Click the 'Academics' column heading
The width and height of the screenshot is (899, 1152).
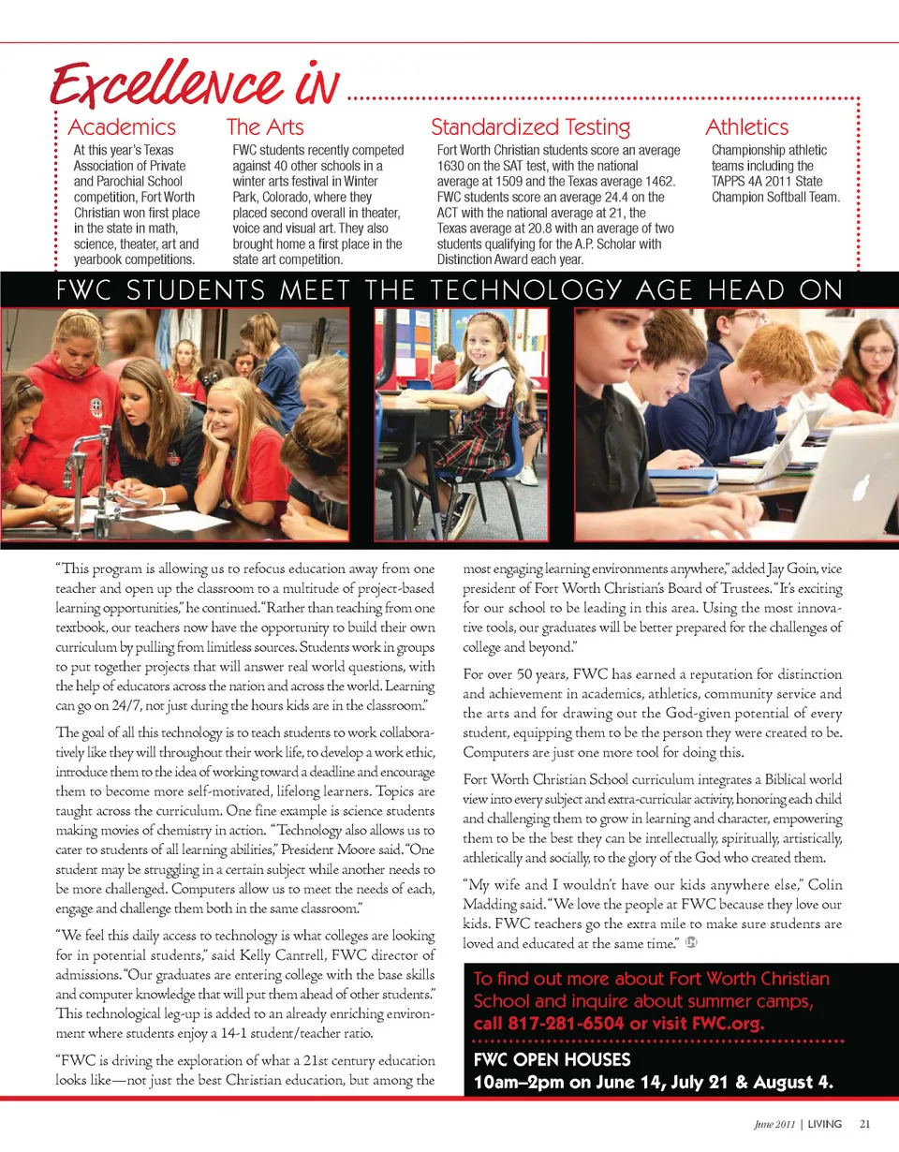point(122,127)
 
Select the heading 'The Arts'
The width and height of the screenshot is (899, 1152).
point(265,127)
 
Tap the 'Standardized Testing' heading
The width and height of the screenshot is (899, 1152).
point(530,127)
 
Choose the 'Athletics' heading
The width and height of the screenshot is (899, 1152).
point(746,127)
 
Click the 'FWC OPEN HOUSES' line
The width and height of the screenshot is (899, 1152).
point(553,1061)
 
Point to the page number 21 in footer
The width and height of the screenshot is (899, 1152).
point(864,1124)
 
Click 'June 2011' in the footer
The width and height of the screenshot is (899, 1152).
point(766,1124)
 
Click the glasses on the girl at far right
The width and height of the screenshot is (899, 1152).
point(876,351)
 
